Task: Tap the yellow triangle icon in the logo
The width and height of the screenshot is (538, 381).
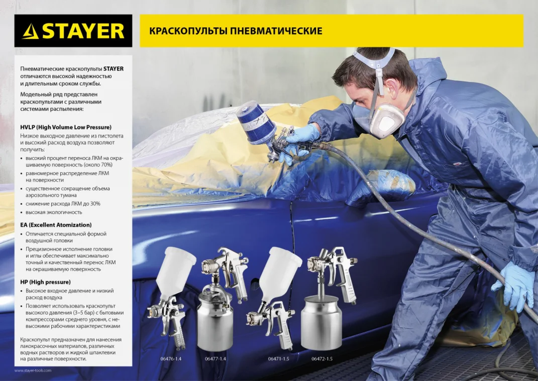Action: (x=31, y=32)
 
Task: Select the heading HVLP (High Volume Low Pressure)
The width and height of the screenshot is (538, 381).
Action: (x=66, y=127)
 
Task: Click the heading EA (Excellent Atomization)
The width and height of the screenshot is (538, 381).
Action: (x=56, y=225)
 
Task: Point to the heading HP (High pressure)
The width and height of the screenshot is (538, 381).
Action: (x=45, y=282)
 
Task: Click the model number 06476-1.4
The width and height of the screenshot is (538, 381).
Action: (x=171, y=359)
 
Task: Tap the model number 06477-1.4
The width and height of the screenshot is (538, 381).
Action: (x=216, y=359)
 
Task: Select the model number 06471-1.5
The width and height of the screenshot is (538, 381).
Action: (x=279, y=359)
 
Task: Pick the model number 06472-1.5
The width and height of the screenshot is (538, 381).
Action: (x=322, y=359)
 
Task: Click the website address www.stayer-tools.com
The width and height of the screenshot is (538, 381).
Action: (x=33, y=370)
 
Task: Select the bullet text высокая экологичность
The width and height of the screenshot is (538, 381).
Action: (x=54, y=212)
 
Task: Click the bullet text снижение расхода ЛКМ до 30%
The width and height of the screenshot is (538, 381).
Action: (x=63, y=203)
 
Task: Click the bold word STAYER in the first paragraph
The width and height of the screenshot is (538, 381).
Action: (x=114, y=69)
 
